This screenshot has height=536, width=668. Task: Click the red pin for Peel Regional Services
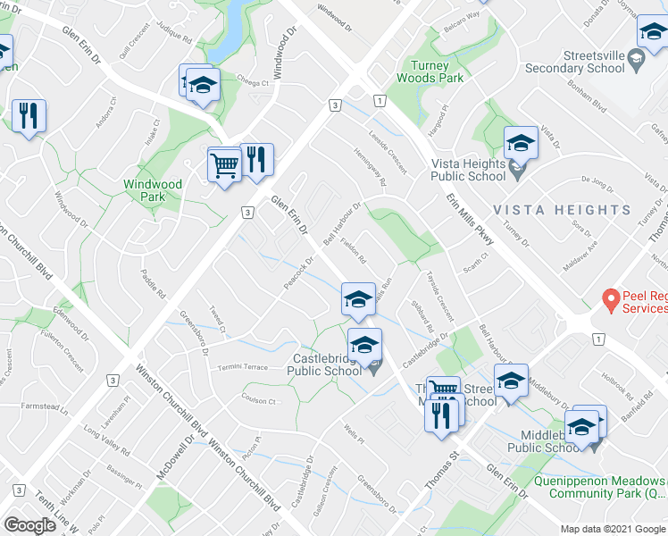click(611, 298)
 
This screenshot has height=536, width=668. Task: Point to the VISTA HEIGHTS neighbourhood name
click(563, 210)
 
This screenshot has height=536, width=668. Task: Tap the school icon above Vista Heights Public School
click(520, 143)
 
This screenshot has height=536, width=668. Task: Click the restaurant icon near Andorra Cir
click(29, 115)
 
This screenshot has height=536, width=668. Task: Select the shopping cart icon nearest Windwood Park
click(224, 163)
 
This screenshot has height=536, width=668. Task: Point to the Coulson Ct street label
click(259, 400)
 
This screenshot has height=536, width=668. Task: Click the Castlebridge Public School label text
click(323, 365)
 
